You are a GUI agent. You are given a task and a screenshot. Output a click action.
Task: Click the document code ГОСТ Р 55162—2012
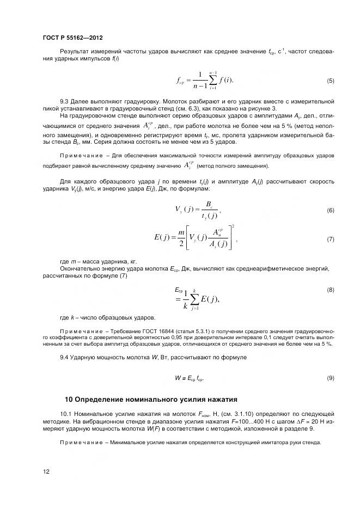click(x=72, y=38)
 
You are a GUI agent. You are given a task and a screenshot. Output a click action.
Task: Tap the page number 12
click(x=46, y=471)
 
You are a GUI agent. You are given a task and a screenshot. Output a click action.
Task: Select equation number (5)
click(x=330, y=81)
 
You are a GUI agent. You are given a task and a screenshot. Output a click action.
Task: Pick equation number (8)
click(x=330, y=290)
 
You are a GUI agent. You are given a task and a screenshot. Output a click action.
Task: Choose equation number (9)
click(x=330, y=377)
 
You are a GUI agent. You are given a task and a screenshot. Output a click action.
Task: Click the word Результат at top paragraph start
click(x=75, y=52)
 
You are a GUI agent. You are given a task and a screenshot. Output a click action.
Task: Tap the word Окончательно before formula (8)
click(x=80, y=269)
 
